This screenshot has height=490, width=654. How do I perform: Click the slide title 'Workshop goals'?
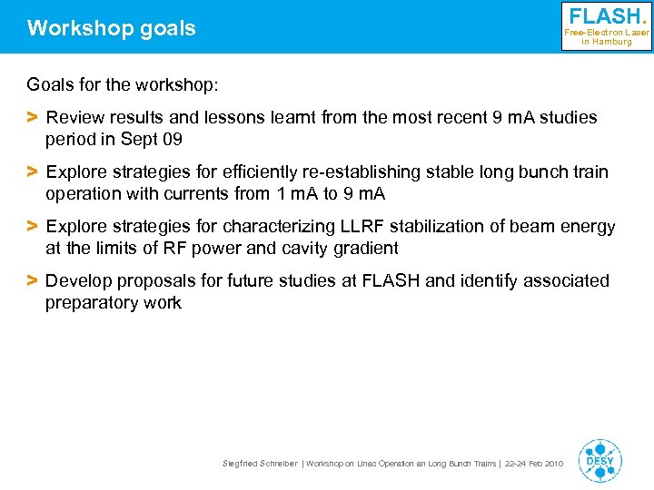(x=111, y=28)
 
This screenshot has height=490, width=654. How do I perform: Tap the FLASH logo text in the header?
(x=607, y=16)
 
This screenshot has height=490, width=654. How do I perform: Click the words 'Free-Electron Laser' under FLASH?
(x=607, y=33)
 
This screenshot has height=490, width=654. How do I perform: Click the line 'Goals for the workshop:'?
(x=123, y=85)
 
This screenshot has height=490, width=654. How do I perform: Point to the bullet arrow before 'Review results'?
(x=32, y=117)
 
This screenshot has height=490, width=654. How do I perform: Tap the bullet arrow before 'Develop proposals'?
(x=32, y=281)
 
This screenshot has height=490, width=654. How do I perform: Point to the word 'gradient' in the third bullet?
(x=366, y=248)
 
